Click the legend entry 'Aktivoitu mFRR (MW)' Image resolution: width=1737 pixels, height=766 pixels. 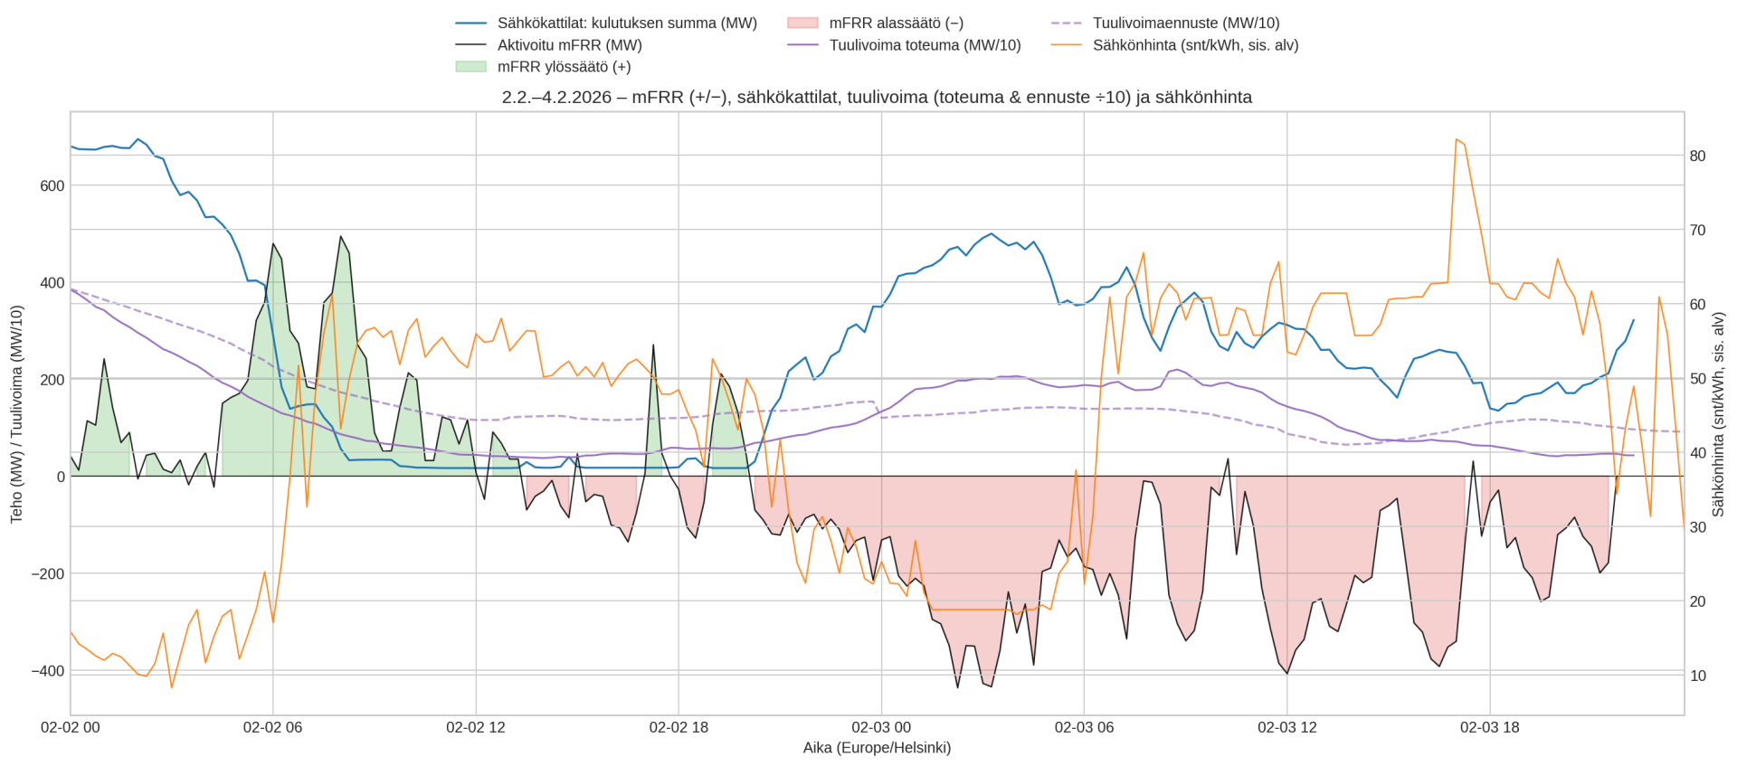click(x=569, y=45)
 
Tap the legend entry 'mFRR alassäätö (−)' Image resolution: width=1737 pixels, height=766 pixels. click(x=896, y=24)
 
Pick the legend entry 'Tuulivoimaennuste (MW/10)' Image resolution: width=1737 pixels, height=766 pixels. click(x=1185, y=24)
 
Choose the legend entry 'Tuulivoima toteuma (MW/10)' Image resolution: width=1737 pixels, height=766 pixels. click(x=925, y=45)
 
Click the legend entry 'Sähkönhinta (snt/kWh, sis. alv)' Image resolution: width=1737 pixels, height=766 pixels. click(x=1195, y=45)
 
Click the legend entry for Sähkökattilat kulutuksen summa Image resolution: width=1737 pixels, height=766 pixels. click(x=627, y=24)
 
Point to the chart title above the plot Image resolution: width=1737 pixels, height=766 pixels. click(x=877, y=97)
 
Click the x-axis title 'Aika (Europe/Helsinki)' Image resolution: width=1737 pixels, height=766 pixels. click(x=877, y=748)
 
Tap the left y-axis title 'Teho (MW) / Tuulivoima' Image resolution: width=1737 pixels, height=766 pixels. click(x=16, y=414)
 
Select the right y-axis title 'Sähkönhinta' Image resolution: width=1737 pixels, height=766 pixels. click(x=1718, y=414)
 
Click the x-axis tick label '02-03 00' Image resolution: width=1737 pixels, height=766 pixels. click(x=881, y=728)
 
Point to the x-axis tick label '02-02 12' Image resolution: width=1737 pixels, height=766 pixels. click(x=476, y=728)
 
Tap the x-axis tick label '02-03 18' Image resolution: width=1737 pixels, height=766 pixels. click(x=1489, y=728)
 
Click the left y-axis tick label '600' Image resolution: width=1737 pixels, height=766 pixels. click(x=52, y=186)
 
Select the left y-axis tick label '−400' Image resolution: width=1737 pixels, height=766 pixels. click(x=49, y=671)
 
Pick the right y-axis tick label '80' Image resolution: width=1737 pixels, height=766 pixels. click(x=1697, y=156)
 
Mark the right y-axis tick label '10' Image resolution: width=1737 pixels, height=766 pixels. click(x=1697, y=676)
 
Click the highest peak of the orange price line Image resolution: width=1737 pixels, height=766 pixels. click(x=1456, y=139)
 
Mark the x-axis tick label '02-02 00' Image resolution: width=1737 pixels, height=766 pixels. click(x=71, y=728)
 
